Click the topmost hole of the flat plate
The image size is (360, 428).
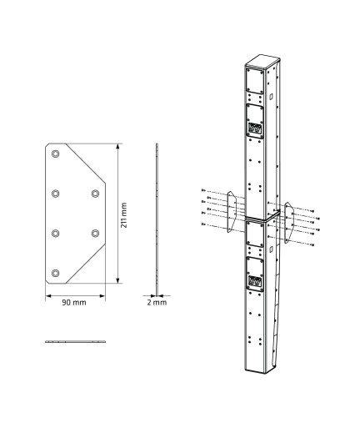pyautogui.click(x=55, y=155)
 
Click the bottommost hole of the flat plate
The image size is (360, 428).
pyautogui.click(x=55, y=273)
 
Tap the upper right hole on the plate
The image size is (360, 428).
pyautogui.click(x=94, y=194)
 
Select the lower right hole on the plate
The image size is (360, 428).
pyautogui.click(x=94, y=233)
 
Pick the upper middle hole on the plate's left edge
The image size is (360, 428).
pyautogui.click(x=55, y=194)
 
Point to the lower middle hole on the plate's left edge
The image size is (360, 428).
pyautogui.click(x=55, y=233)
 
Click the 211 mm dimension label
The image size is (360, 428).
pyautogui.click(x=123, y=215)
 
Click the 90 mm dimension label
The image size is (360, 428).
pyautogui.click(x=74, y=302)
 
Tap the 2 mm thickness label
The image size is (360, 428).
pyautogui.click(x=157, y=302)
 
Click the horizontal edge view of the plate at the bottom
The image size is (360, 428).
pyautogui.click(x=75, y=341)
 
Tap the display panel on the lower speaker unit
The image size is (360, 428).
pyautogui.click(x=254, y=279)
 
